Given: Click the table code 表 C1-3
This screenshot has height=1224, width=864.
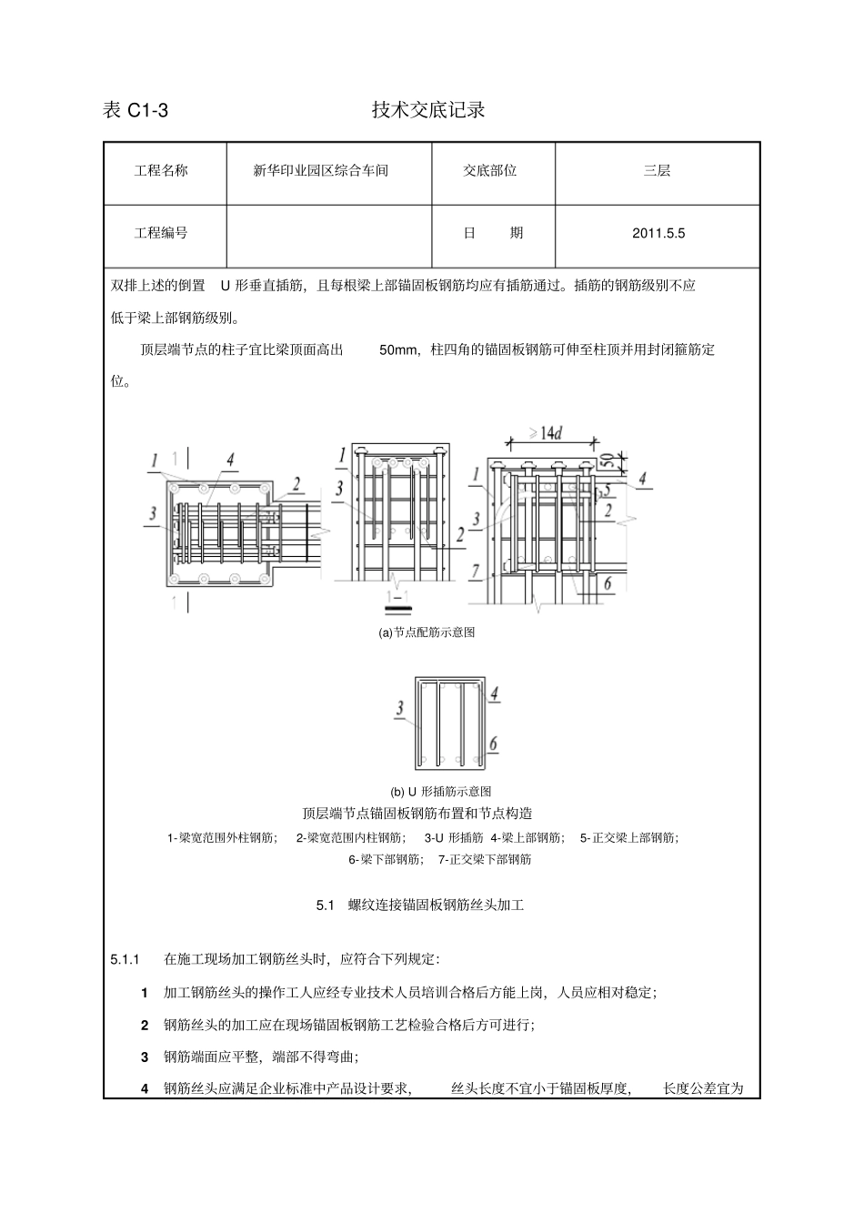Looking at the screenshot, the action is coord(136,111).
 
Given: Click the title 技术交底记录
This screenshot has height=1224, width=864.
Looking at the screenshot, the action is coord(428,110).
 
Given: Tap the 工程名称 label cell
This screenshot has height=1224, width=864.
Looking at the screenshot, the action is coord(161,170).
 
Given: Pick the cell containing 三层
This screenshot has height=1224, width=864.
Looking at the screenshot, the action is coord(657,170).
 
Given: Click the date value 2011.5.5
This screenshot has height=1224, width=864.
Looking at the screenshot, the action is coord(658,233).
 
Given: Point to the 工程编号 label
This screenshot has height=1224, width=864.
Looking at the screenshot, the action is coord(161,233).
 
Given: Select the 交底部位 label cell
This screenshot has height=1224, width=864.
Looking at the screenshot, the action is coord(489,170).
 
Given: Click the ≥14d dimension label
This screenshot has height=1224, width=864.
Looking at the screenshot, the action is coord(545,434).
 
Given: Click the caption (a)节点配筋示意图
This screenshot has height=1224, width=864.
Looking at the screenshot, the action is coord(427,632).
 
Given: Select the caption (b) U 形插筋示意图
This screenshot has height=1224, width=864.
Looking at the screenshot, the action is coord(441,792).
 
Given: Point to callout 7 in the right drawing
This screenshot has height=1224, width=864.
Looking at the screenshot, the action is coord(475,572).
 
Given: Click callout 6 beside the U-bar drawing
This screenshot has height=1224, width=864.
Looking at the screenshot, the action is coord(494,744).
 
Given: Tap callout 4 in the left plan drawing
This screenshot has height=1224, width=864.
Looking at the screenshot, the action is coord(231,460).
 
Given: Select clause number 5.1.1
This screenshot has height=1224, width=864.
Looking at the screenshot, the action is coord(124,959).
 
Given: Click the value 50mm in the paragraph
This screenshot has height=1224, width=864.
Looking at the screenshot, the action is coord(397,349).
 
